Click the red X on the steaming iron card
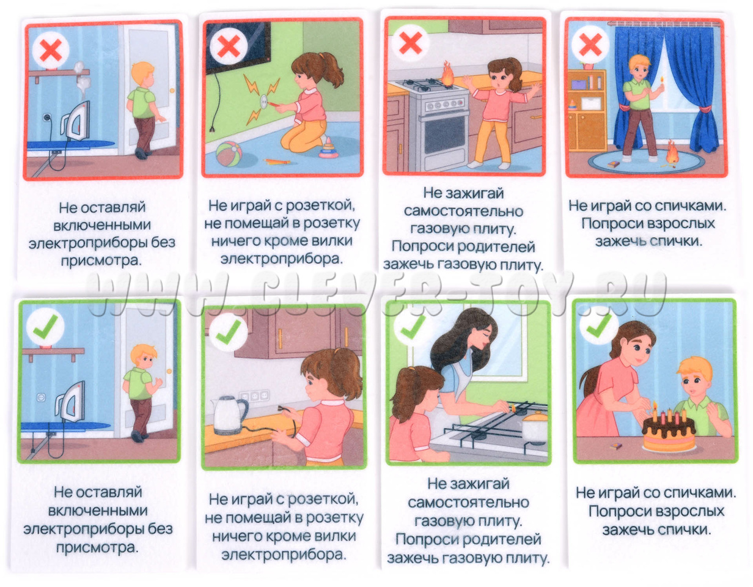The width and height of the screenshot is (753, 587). pyautogui.click(x=51, y=50)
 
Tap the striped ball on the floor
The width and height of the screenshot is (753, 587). pyautogui.click(x=229, y=155)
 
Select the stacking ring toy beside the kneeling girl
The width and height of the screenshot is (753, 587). pyautogui.click(x=328, y=149)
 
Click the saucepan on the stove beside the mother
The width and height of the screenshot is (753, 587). pyautogui.click(x=535, y=427)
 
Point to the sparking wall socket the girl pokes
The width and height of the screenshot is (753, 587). pyautogui.click(x=266, y=100)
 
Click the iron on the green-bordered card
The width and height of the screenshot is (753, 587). pyautogui.click(x=72, y=403)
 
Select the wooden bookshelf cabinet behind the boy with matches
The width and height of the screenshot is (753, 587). pyautogui.click(x=586, y=110)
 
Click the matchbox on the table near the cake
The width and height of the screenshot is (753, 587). pyautogui.click(x=615, y=446)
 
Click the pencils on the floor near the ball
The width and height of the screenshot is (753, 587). pyautogui.click(x=277, y=161)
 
